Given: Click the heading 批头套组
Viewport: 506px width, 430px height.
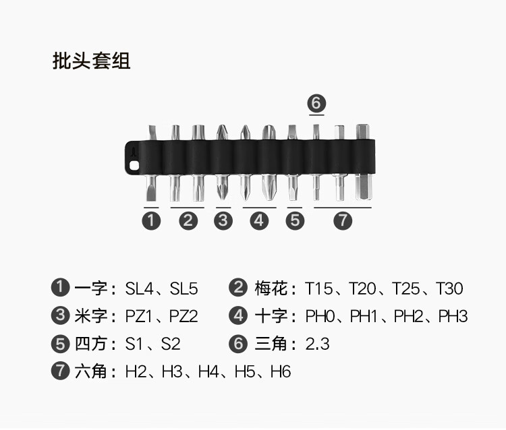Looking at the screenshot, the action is [91, 61].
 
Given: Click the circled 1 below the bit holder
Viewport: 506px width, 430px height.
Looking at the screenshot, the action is [152, 220].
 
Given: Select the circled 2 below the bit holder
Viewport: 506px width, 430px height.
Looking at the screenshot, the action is [188, 220].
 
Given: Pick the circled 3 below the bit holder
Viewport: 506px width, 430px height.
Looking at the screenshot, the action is [223, 220].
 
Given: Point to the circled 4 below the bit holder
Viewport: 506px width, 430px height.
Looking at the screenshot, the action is [259, 220].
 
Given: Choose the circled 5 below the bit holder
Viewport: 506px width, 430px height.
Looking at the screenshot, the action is [295, 220].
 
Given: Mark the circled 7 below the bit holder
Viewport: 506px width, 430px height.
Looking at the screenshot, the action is [343, 220].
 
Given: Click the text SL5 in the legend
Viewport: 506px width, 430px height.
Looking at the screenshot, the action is [184, 289].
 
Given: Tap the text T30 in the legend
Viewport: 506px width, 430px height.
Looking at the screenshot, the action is [449, 289].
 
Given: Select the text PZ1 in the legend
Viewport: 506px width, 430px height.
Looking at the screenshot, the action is [140, 316].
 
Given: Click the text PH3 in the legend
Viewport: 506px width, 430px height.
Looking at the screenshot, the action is [453, 316].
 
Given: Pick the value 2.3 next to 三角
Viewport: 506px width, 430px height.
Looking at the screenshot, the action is [317, 344].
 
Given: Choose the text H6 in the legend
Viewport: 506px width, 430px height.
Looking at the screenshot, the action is [281, 371].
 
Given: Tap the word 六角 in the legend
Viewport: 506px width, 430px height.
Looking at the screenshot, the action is [91, 371].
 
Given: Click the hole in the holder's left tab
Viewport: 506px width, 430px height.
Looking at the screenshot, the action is [134, 164].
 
